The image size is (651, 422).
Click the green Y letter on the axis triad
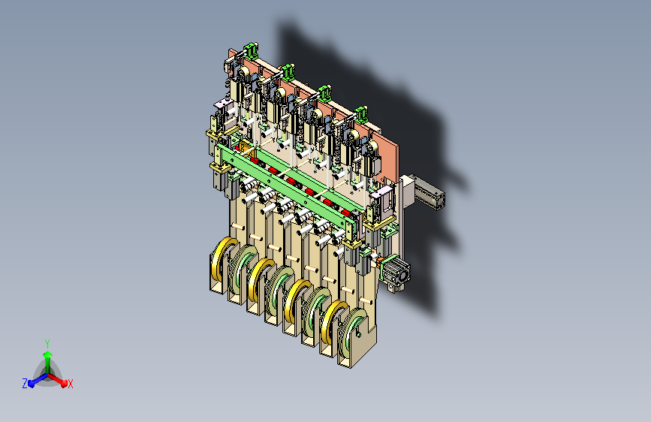tap(47, 344)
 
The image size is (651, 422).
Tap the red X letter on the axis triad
tap(70, 384)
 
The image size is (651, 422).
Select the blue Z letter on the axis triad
tap(25, 384)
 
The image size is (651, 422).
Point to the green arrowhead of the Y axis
tap(48, 354)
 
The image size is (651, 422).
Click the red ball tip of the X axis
tap(64, 384)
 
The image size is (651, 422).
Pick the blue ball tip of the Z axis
tap(31, 384)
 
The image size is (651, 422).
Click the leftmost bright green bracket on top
tap(252, 50)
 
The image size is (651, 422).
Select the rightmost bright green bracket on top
tap(360, 114)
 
